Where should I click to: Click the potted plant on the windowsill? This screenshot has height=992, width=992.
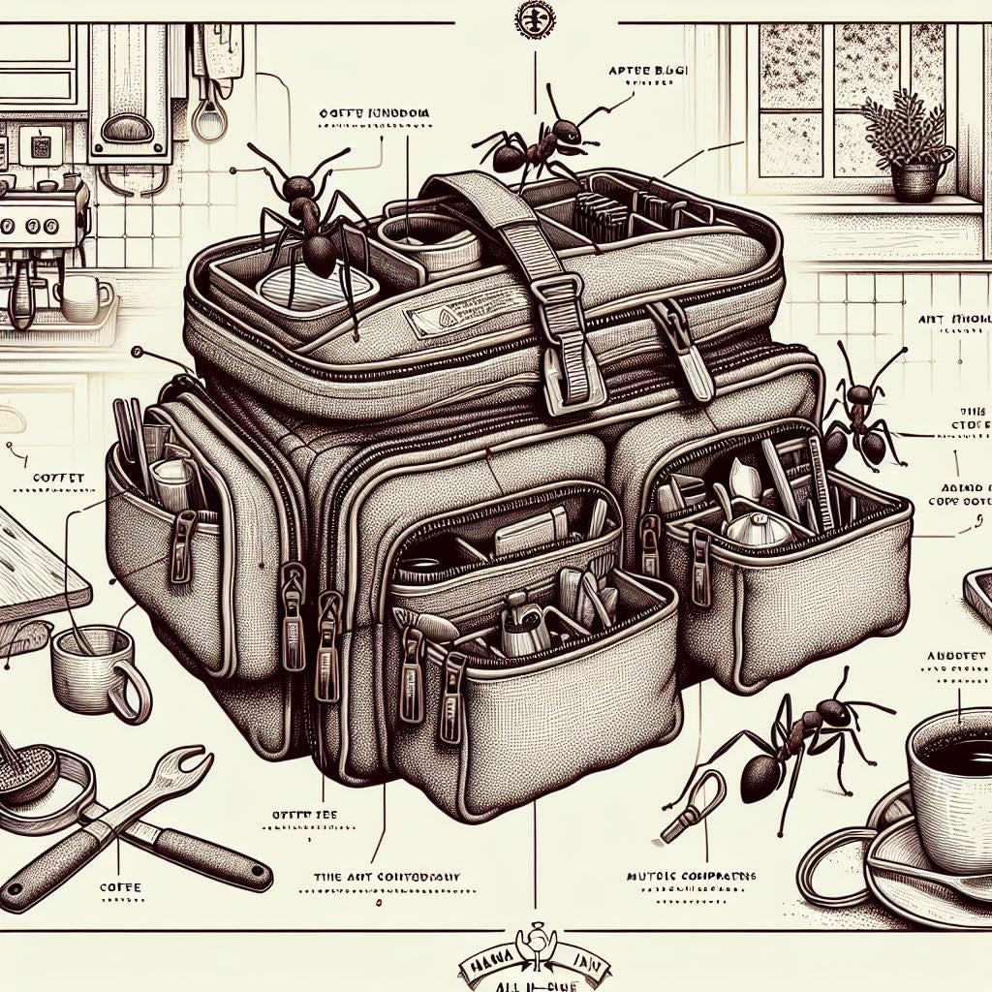click(908, 145)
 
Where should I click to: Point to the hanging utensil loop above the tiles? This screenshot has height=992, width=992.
click(205, 116)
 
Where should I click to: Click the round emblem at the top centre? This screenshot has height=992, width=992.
click(534, 20)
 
